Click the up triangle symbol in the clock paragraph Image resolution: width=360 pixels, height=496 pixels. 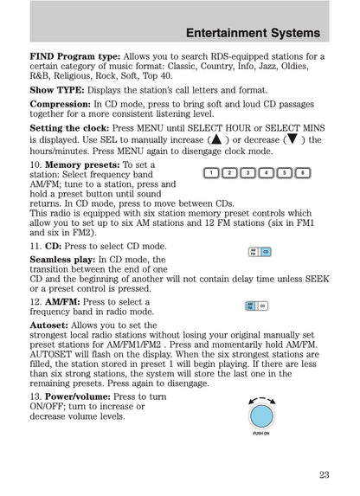(x=215, y=138)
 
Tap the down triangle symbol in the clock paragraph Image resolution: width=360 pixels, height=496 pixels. (x=294, y=138)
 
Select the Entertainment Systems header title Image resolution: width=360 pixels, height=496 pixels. (x=253, y=33)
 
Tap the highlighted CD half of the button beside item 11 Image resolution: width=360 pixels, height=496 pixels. (x=266, y=252)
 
